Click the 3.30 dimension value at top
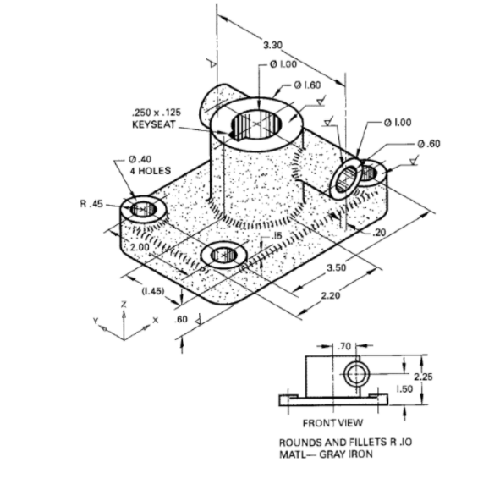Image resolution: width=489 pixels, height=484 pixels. pos(273,43)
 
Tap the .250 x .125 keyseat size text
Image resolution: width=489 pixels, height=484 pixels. pos(157,112)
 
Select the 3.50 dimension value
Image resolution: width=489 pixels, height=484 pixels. pos(337,268)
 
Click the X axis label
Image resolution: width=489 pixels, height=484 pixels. pos(155,320)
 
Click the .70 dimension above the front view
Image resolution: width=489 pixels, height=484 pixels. pos(344,346)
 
